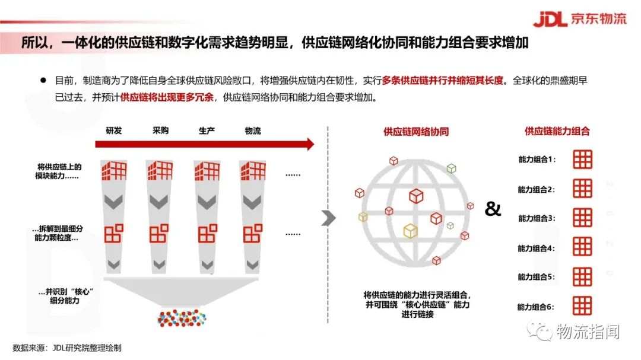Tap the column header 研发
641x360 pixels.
(114, 130)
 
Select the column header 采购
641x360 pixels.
(160, 130)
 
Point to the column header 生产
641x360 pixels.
(207, 130)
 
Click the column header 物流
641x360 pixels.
(253, 130)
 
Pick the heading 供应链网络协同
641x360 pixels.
(416, 132)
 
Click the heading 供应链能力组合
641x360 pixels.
(557, 132)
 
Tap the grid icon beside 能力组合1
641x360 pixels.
(582, 160)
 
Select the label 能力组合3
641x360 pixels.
(536, 219)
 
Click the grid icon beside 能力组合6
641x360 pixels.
(582, 306)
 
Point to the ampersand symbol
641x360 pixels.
(493, 209)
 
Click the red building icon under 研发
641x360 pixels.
(114, 170)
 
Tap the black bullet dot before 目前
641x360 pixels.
(43, 80)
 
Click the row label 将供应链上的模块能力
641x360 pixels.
(59, 171)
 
